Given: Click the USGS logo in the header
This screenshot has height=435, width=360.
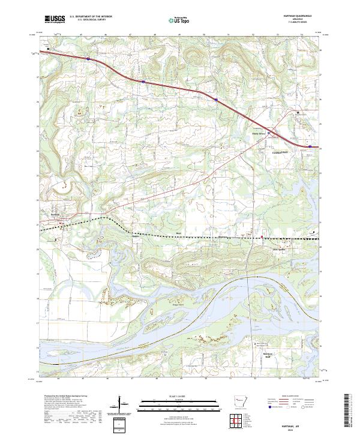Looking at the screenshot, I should coord(56,19).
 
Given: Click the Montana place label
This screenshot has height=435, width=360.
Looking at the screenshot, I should coord(207,236).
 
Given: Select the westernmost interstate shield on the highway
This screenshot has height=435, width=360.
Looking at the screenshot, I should coord(88,59).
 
